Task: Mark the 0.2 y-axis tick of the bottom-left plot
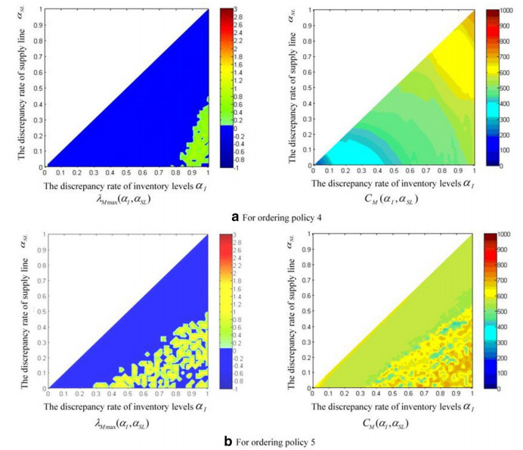pyautogui.click(x=40, y=357)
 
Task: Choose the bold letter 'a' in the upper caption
pyautogui.click(x=237, y=218)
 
